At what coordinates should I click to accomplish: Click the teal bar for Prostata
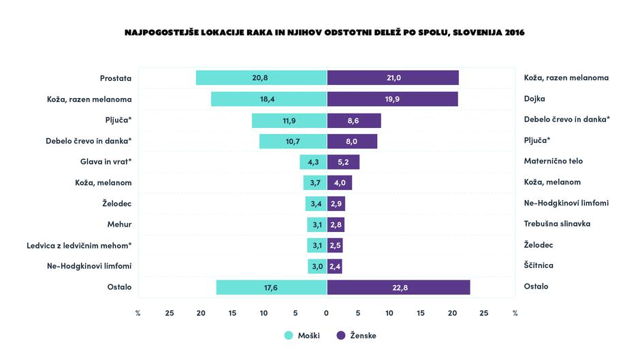(261, 78)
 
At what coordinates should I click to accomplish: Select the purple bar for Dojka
(392, 99)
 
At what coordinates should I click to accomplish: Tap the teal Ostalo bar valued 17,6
(272, 287)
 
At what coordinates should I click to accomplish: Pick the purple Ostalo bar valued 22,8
(398, 287)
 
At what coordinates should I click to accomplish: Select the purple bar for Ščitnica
(335, 266)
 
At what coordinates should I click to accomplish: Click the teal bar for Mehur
(317, 225)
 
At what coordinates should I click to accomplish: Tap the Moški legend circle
(288, 336)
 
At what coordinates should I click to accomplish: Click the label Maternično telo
(553, 162)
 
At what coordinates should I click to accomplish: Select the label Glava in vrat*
(106, 162)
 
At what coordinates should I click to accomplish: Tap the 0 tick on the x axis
(327, 313)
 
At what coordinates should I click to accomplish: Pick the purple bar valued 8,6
(354, 120)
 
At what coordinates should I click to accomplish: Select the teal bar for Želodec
(317, 203)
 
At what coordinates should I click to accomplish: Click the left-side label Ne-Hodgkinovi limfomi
(89, 266)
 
